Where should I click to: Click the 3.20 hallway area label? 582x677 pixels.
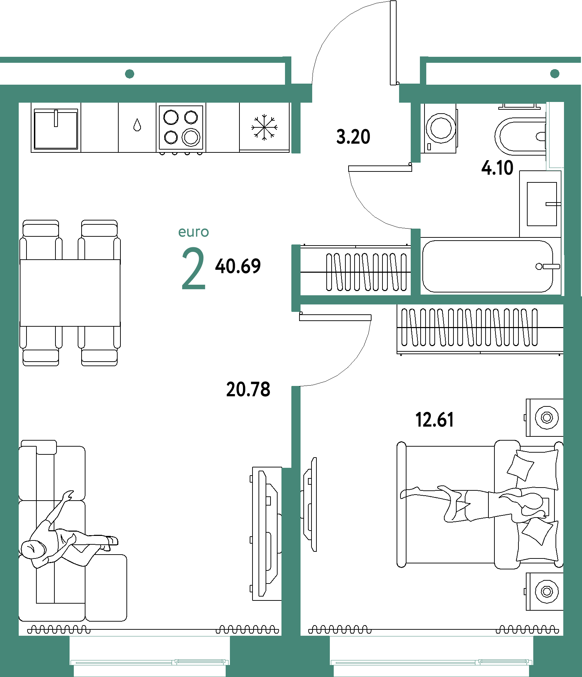click(353, 137)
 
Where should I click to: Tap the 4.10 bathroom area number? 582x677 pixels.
click(497, 168)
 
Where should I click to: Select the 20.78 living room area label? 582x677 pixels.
click(248, 389)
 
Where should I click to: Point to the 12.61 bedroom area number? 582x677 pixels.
click(434, 420)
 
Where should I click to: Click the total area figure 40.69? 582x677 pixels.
click(238, 266)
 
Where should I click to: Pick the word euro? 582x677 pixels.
click(194, 232)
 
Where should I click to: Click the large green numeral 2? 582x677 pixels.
click(194, 268)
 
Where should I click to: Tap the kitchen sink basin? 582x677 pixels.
click(56, 129)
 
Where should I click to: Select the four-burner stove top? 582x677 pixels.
click(181, 127)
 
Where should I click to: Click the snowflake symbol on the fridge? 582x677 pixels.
click(264, 127)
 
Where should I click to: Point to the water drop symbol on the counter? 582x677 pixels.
click(137, 125)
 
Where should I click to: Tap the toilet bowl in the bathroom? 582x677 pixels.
click(520, 136)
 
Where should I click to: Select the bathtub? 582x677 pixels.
click(488, 266)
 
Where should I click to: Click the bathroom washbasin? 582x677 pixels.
click(542, 204)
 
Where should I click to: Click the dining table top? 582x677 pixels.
click(70, 293)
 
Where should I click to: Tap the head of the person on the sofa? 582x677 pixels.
click(32, 549)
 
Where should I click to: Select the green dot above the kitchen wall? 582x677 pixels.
click(130, 74)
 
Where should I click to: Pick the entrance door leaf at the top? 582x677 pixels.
click(393, 43)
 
